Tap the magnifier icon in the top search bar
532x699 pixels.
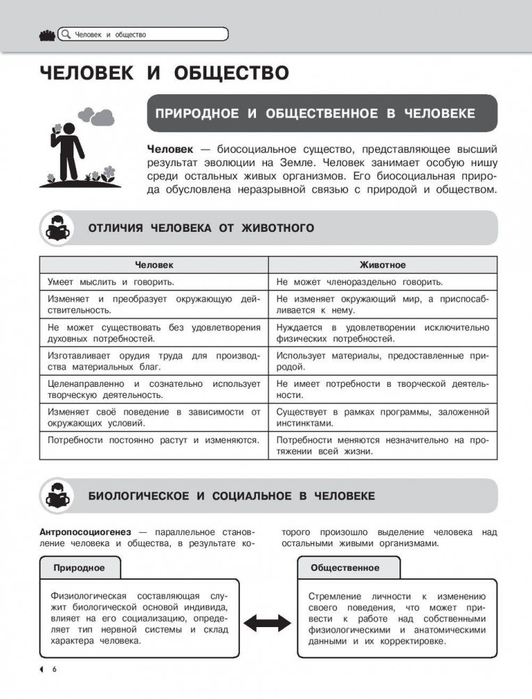[x=66, y=34]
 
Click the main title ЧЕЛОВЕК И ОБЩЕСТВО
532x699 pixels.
[x=164, y=73]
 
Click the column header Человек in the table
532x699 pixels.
[x=154, y=265]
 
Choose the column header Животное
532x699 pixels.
[x=382, y=265]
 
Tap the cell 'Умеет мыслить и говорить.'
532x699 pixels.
[x=111, y=282]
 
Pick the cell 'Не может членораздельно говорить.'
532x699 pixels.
[x=359, y=282]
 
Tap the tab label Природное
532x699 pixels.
[x=79, y=568]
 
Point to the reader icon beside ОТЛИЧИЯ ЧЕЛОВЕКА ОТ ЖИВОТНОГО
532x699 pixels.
[x=59, y=228]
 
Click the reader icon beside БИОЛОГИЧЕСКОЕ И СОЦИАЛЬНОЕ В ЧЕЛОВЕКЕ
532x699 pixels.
[x=59, y=496]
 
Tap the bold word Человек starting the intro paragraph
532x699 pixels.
[x=168, y=149]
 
